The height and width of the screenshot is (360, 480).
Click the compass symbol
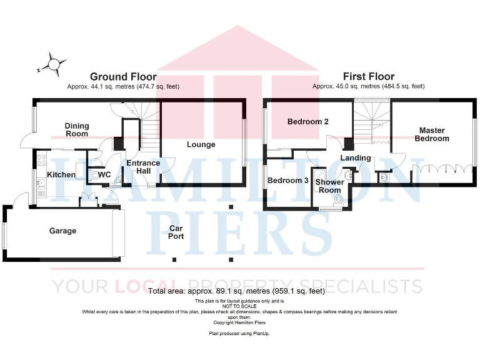coord(54,64)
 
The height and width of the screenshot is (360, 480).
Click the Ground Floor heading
coord(123,77)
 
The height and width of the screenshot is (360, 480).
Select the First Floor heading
coord(368,77)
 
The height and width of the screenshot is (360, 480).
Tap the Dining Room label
coord(77,129)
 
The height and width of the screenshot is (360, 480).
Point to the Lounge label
coord(201,144)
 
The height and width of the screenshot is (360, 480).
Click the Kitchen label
coord(61,174)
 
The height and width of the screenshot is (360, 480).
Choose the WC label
coord(104,174)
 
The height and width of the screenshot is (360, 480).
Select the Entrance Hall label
coord(143,167)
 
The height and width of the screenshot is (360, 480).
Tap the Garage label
coord(62,231)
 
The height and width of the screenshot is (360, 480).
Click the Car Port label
coord(176,232)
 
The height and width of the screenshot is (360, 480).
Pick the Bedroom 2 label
coord(307,122)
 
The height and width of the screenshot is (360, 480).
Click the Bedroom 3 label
coord(287,180)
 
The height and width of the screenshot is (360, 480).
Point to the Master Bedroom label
coord(431,134)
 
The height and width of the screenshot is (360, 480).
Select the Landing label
coord(355,158)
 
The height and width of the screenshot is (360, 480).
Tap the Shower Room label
coord(329,186)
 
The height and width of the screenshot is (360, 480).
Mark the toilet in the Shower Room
coord(338,199)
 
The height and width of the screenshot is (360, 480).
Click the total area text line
coord(236,291)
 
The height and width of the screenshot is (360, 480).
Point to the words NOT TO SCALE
coord(240,306)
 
